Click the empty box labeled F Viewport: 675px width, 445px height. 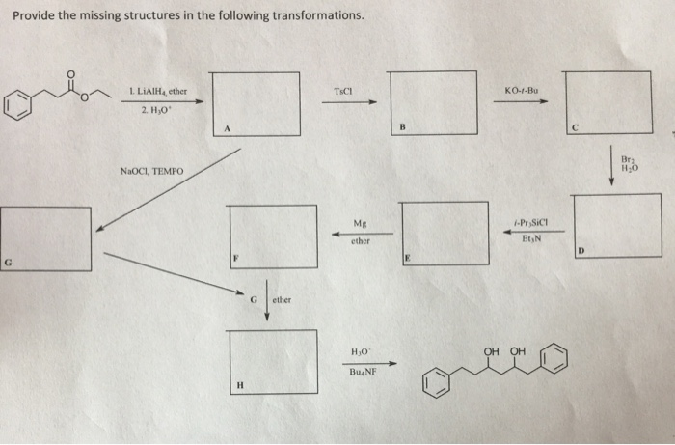pos(273,236)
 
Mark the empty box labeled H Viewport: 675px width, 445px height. pos(272,358)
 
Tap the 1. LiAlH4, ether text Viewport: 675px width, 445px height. pos(156,92)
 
